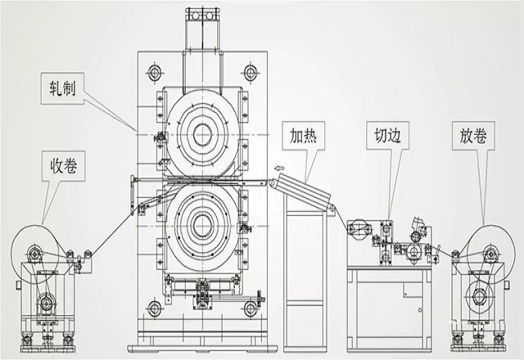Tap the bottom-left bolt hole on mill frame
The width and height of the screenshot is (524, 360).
pos(153,308)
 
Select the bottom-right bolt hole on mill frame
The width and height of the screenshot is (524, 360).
pos(251,308)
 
